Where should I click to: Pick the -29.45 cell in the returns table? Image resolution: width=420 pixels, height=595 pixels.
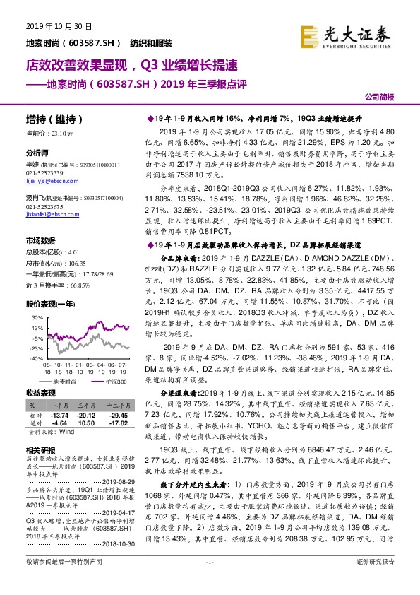113,415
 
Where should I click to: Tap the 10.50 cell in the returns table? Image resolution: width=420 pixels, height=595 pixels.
85,423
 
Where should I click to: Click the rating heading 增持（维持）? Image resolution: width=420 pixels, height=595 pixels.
54,119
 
